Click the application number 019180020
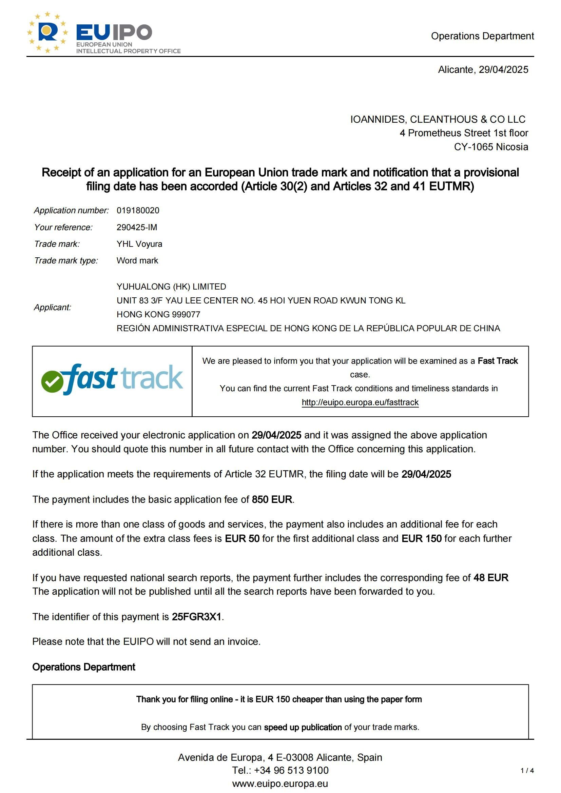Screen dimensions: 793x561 click(138, 210)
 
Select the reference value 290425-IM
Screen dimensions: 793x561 click(137, 227)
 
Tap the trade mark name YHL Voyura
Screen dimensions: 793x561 click(139, 244)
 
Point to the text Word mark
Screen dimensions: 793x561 click(137, 260)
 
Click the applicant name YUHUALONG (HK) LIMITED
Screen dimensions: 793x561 click(171, 287)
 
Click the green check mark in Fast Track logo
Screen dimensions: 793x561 click(52, 381)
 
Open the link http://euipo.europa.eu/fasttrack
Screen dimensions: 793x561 click(360, 402)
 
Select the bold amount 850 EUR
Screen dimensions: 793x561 click(272, 499)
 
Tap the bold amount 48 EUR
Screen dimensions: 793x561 click(490, 577)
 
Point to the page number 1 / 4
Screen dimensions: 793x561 click(527, 771)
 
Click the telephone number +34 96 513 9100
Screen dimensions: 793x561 click(291, 770)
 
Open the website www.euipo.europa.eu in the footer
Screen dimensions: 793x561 click(280, 784)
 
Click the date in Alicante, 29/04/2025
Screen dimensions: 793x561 click(503, 70)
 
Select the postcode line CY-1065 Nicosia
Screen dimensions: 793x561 click(491, 147)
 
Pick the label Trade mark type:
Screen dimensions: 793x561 click(66, 260)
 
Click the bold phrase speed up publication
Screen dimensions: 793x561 click(303, 727)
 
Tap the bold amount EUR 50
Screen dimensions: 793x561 click(242, 538)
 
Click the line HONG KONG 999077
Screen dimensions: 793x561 click(158, 314)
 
